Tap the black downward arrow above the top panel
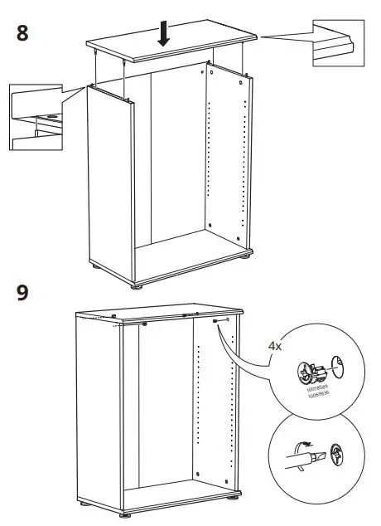[164, 32]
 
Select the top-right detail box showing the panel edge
[340, 41]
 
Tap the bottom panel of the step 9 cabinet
[174, 498]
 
